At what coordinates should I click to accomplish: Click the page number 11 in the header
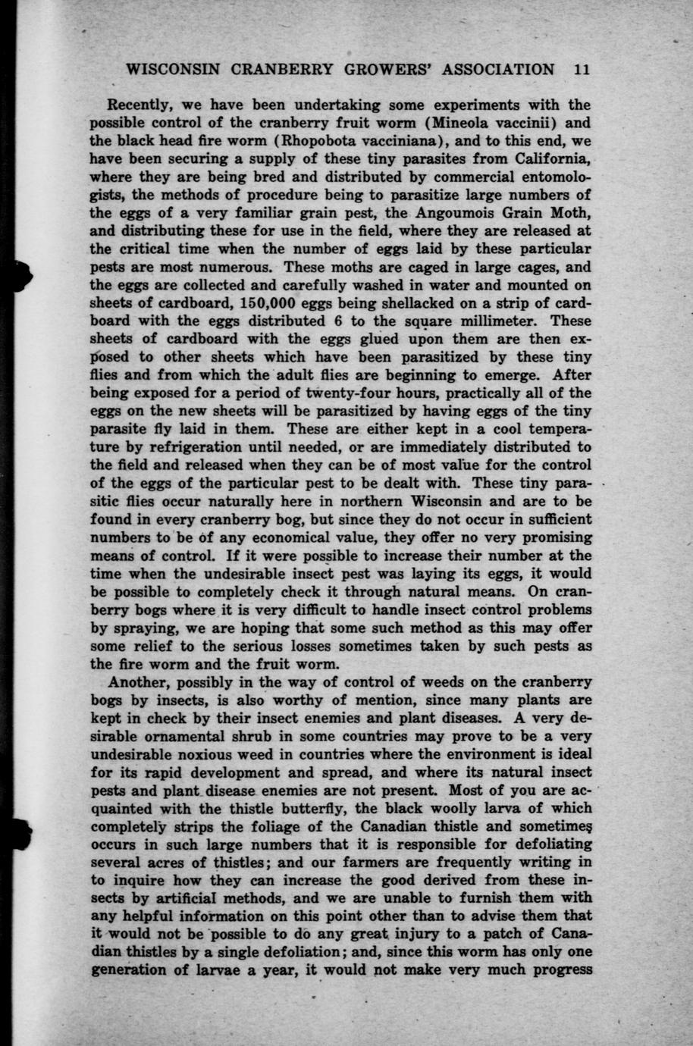[582, 70]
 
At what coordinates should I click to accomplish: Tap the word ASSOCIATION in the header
[498, 70]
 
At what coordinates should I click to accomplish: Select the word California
[552, 160]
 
